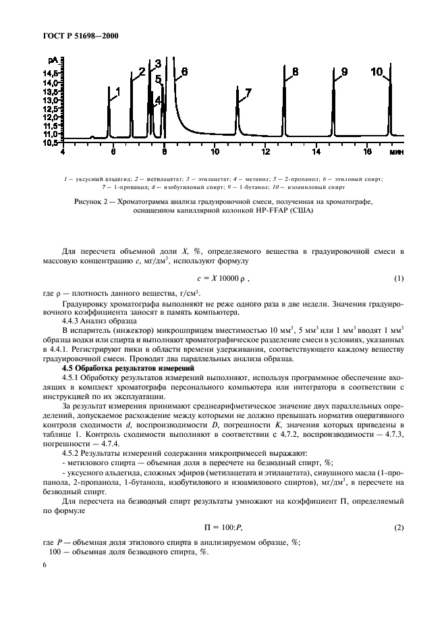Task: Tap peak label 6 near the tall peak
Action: click(x=184, y=71)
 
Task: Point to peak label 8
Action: click(x=295, y=71)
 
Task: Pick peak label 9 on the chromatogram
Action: click(x=344, y=72)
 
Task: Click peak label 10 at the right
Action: click(x=377, y=71)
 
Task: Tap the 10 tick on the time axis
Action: click(x=215, y=152)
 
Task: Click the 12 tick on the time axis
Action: click(x=266, y=152)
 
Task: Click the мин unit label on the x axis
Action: click(x=397, y=152)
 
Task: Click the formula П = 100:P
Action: click(x=223, y=525)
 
